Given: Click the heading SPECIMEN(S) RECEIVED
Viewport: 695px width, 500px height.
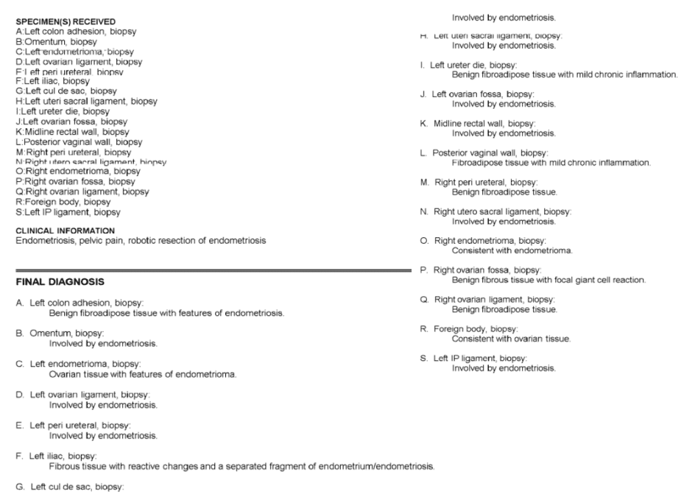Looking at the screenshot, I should [x=65, y=21].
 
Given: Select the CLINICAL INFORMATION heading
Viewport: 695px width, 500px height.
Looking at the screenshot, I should [x=62, y=230].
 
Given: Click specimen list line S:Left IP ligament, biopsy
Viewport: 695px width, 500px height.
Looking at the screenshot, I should [x=68, y=212].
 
